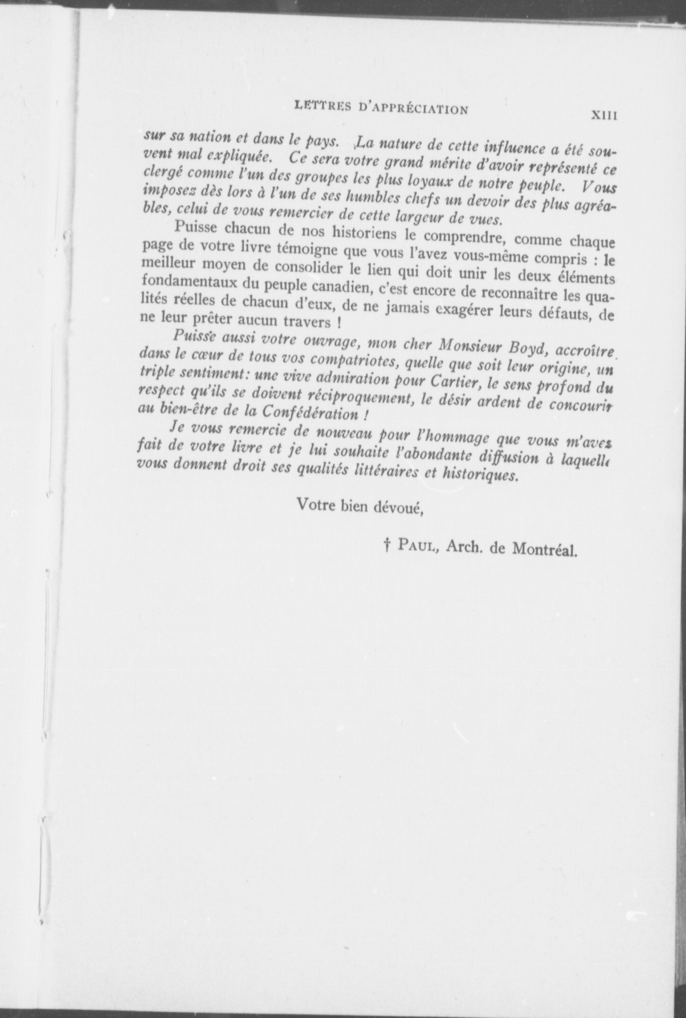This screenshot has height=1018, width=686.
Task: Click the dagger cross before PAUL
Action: [x=387, y=546]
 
